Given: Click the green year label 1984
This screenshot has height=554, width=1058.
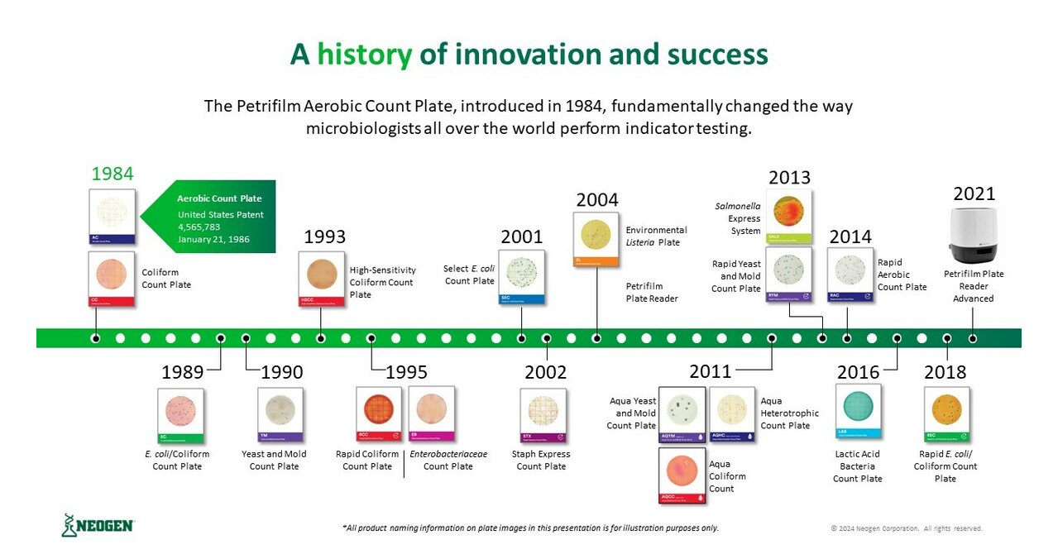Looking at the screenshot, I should point(112,174).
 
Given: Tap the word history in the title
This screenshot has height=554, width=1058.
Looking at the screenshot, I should point(364,55).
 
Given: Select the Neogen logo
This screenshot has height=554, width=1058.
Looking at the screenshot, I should point(98,525).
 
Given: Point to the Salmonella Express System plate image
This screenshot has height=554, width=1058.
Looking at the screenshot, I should point(788,216).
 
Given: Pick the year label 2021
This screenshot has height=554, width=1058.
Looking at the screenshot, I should point(974,193).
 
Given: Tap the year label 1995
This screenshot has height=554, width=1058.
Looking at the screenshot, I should point(406,372).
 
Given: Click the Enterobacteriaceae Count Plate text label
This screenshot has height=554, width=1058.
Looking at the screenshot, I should point(448,461).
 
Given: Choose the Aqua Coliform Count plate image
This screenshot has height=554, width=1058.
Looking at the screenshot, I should point(682,475).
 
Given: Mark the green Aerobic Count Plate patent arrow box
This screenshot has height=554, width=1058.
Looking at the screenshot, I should point(209,217).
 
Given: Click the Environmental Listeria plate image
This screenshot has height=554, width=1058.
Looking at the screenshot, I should point(596,239).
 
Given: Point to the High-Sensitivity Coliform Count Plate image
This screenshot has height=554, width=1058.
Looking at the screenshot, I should point(321,279).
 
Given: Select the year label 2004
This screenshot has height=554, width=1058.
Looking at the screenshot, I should point(596,200).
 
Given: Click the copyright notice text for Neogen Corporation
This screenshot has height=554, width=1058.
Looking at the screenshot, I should point(906,528).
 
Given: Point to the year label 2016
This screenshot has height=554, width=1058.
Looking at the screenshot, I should point(858,372).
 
